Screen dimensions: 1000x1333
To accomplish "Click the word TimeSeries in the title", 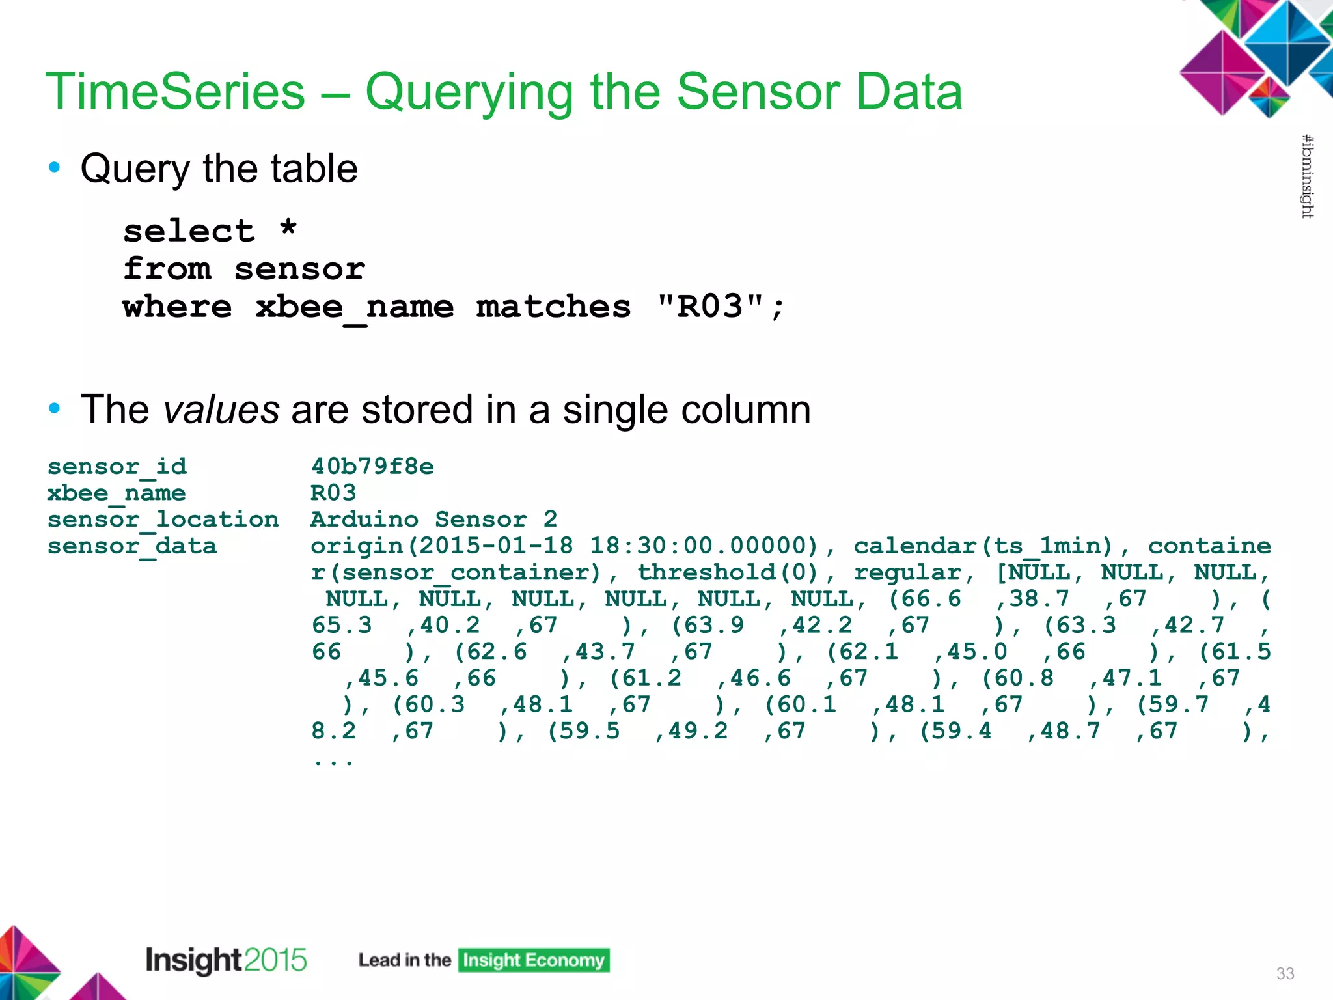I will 175,92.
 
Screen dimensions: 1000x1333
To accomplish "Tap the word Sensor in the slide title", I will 756,92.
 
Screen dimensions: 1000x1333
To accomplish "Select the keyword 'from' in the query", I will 167,269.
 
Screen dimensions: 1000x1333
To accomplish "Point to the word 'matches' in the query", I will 553,307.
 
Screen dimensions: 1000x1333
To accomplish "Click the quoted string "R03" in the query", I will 710,306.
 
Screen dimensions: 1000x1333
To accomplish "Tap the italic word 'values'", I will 221,410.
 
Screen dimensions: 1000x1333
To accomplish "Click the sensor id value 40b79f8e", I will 372,466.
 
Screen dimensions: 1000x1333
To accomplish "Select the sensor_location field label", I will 163,520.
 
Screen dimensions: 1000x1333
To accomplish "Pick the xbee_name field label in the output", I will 117,493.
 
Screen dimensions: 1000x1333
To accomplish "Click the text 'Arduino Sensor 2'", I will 433,520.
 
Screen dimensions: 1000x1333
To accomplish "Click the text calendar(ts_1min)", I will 983,546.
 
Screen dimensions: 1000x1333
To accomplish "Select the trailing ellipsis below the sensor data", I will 333,760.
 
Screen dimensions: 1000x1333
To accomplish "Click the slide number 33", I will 1285,973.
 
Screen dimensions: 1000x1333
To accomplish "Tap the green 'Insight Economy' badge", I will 534,960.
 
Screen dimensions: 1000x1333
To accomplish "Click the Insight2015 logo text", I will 226,960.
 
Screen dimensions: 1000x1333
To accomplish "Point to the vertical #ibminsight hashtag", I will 1307,176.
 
